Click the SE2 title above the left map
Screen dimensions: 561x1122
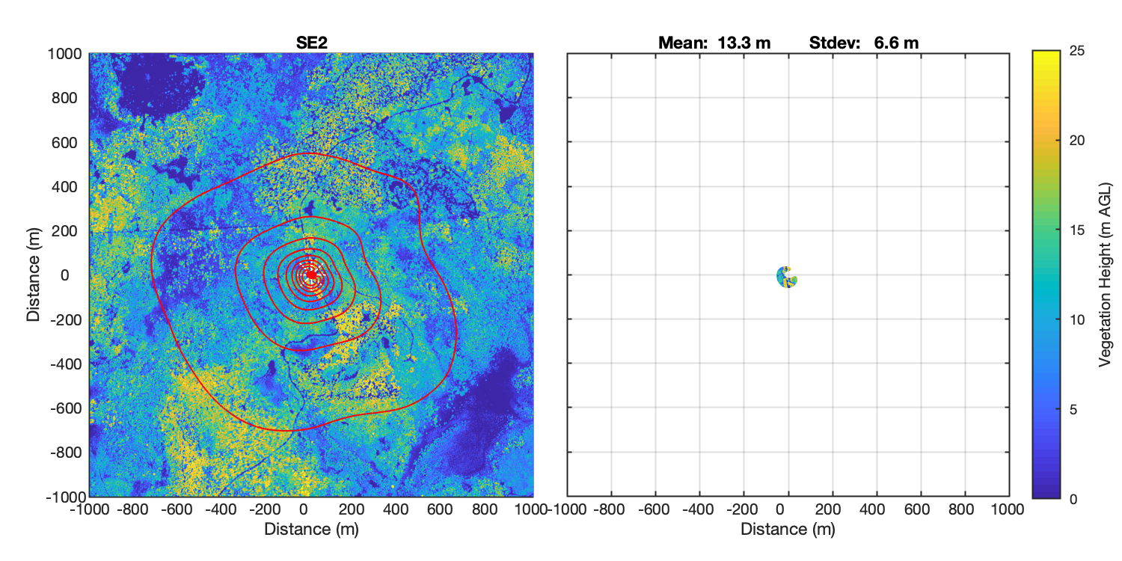[x=311, y=43]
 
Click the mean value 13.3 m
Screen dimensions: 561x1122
[x=744, y=43]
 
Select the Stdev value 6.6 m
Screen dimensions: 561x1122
[x=896, y=43]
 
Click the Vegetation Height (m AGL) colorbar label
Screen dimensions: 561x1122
[x=1104, y=275]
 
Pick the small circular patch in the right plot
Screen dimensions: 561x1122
[x=786, y=277]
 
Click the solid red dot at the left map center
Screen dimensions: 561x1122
[x=311, y=275]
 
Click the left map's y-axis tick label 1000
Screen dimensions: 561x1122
[x=66, y=53]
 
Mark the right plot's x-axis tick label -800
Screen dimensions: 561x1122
[x=610, y=510]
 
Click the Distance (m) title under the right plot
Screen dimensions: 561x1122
[x=788, y=530]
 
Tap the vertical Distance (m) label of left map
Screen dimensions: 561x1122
[x=34, y=275]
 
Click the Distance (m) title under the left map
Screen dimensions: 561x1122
[x=311, y=530]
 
